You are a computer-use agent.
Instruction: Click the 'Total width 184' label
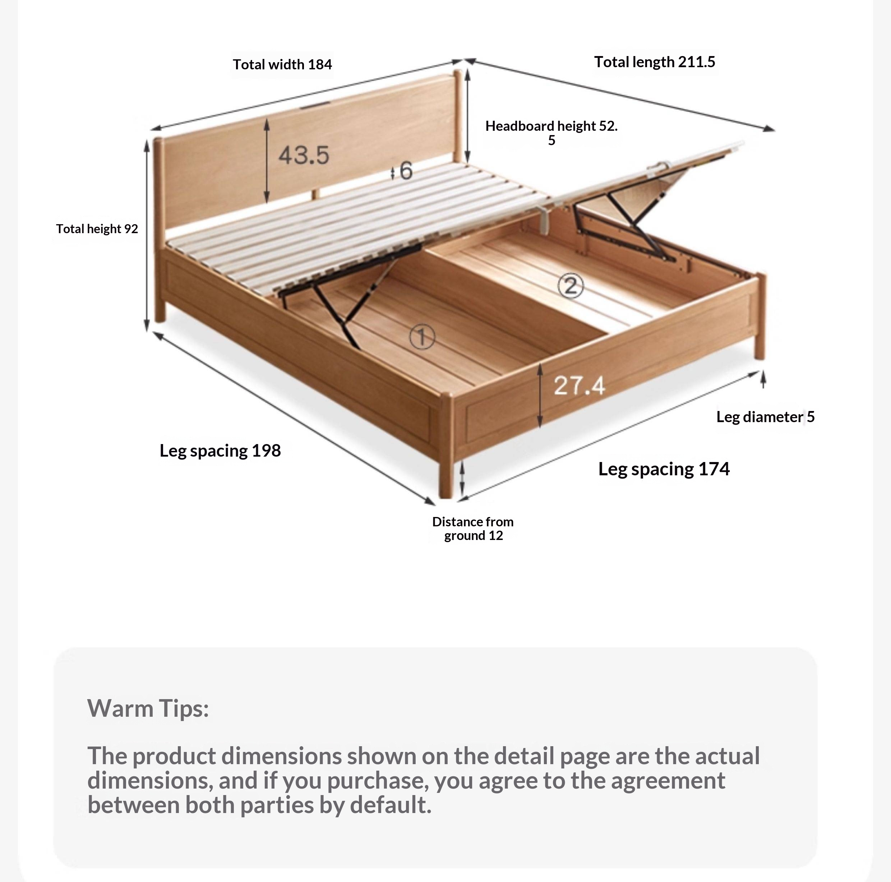click(x=282, y=65)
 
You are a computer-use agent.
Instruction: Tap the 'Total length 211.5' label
click(x=654, y=62)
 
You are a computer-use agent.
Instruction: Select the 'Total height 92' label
click(x=97, y=229)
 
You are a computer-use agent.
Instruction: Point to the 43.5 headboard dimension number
click(x=304, y=155)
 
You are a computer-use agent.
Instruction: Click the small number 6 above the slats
click(x=406, y=171)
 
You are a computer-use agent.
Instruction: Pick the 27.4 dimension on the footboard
click(x=579, y=385)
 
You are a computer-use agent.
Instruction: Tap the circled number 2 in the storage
click(x=571, y=286)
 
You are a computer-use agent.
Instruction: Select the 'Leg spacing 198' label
click(x=220, y=451)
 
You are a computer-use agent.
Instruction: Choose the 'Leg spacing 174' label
click(x=664, y=469)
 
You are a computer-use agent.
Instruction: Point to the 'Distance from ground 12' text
click(x=473, y=528)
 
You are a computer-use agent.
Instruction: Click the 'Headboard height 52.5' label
click(x=551, y=132)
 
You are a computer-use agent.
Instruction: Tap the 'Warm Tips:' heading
click(x=148, y=708)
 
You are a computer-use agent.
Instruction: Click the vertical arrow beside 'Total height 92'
click(x=147, y=235)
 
